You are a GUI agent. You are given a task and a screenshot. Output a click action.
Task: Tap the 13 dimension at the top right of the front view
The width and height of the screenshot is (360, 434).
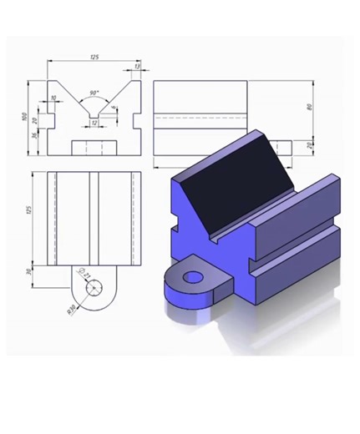coord(136,66)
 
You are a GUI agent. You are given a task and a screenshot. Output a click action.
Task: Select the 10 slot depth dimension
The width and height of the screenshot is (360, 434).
coord(53,98)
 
